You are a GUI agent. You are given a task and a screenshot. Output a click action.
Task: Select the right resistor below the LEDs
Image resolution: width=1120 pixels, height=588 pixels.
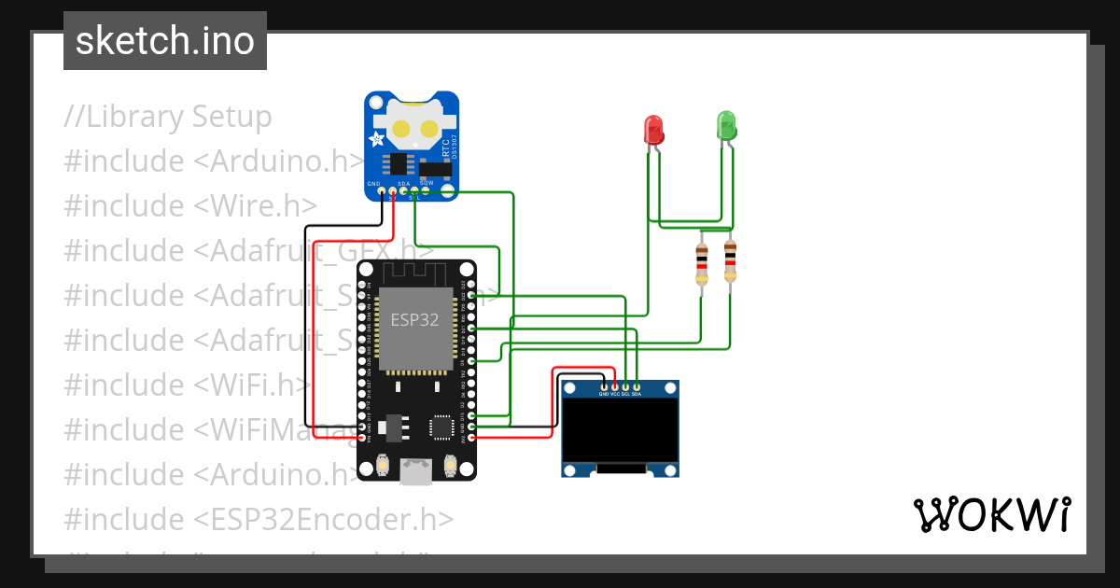[729, 261]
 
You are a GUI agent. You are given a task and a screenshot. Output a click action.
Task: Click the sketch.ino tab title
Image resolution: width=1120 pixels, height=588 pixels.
[165, 41]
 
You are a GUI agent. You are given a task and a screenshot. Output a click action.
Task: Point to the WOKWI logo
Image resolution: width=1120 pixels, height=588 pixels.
[991, 514]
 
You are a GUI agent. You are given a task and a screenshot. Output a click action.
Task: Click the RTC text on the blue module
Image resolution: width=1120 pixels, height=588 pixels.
[446, 148]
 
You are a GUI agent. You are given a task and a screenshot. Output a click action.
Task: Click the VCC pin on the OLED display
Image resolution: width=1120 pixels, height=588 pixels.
[614, 386]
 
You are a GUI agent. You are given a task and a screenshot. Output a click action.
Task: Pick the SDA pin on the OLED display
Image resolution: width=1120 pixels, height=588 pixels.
[637, 386]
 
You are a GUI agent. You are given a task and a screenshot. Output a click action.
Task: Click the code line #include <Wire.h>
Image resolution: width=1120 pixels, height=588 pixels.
[190, 205]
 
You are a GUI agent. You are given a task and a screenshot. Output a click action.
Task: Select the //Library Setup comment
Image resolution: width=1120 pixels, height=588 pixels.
[168, 117]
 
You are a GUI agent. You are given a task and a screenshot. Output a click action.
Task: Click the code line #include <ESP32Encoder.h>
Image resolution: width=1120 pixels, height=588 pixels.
[259, 519]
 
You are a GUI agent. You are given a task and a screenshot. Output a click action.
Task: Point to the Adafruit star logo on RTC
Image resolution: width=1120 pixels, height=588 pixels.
[378, 140]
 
